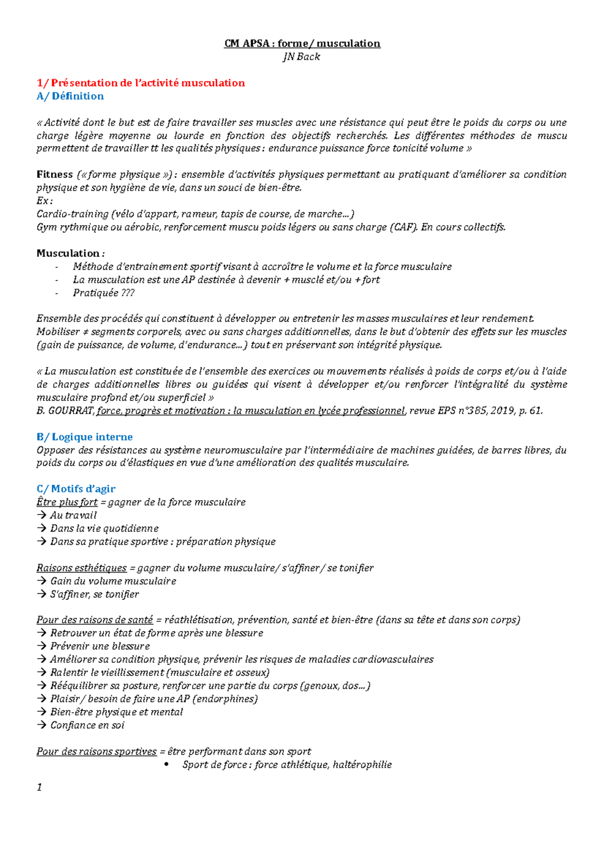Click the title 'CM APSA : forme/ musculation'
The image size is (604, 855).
(x=302, y=43)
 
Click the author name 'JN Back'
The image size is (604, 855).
(x=301, y=56)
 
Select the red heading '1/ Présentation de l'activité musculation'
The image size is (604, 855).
(x=140, y=83)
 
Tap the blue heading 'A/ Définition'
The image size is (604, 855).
(x=70, y=96)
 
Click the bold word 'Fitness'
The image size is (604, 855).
(x=55, y=174)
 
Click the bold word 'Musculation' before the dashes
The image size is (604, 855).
(x=68, y=253)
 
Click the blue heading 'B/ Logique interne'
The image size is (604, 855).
(x=85, y=437)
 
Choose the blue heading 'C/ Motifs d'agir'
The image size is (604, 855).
(x=76, y=488)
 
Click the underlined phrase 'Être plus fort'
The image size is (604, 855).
(x=67, y=502)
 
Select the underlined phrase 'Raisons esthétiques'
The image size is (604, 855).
(x=82, y=568)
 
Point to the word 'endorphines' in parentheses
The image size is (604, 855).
(x=225, y=699)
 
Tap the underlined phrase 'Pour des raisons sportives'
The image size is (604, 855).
(x=97, y=751)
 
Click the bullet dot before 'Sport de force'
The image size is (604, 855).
(x=167, y=764)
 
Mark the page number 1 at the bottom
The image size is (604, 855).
(x=39, y=787)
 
